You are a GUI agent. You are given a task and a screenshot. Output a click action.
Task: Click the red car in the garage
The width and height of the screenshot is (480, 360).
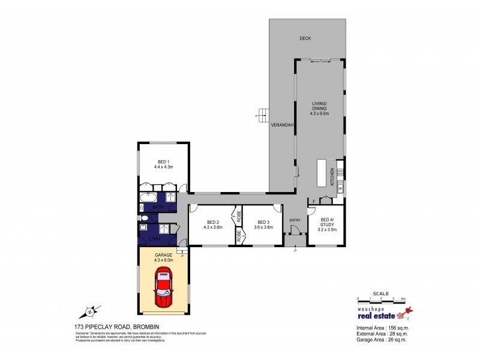(163, 287)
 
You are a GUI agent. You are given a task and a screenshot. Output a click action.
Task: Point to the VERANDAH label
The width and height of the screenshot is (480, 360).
(281, 126)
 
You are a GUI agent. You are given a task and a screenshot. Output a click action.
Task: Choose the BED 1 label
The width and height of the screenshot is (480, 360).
(163, 161)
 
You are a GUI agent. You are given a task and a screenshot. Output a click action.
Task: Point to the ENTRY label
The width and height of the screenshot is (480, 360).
(295, 220)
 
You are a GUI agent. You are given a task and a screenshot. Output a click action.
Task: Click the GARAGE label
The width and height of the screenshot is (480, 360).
(163, 254)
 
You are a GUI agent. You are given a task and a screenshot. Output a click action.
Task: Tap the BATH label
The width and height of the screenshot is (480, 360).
(158, 208)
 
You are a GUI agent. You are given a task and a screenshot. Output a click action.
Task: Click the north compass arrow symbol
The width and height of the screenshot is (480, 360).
(89, 311)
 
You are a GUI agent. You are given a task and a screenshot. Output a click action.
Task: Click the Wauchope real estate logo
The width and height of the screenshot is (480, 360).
(384, 312)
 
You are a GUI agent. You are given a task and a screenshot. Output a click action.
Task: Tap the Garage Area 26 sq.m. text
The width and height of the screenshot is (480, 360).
(378, 340)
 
